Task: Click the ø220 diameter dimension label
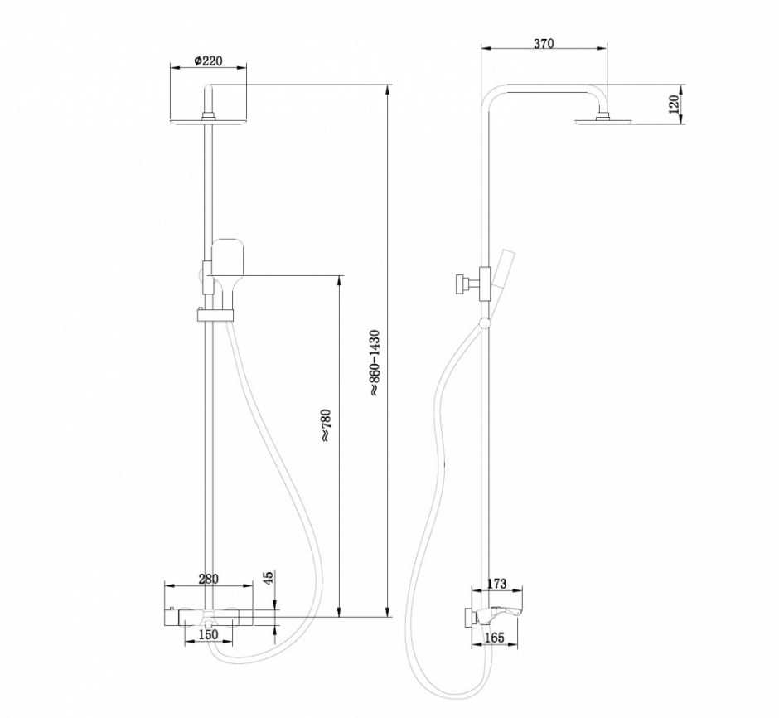[207, 61]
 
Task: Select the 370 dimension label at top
[544, 45]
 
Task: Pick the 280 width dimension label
[210, 579]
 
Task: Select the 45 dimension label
[268, 579]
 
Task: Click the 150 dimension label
[208, 634]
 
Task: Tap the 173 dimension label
[496, 585]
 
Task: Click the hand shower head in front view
[227, 258]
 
